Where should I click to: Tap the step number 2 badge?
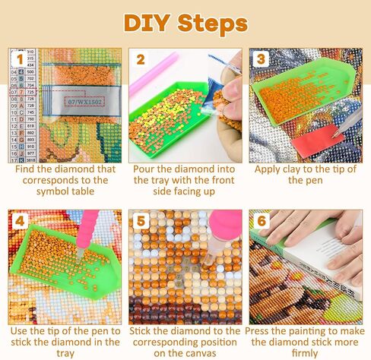(140, 59)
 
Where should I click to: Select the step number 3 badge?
(262, 59)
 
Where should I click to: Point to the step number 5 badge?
(140, 222)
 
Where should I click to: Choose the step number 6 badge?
(262, 222)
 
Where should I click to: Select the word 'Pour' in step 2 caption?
(146, 169)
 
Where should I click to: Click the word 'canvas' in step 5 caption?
(205, 352)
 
